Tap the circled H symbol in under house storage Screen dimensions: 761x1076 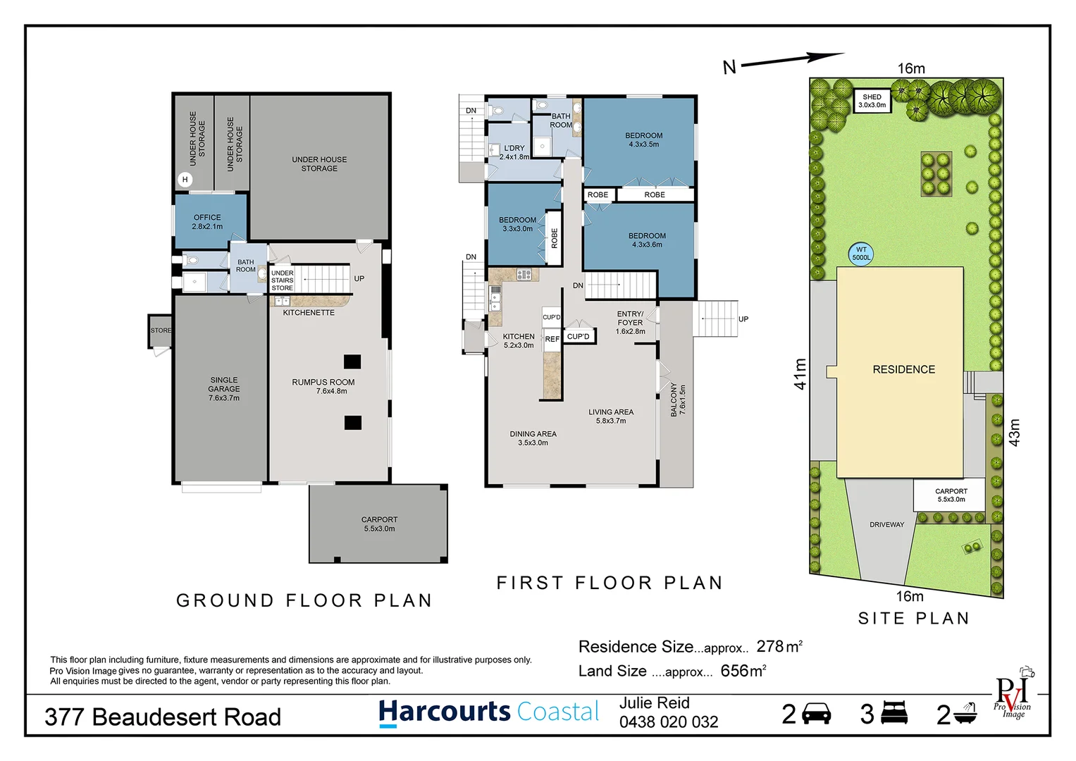[185, 180]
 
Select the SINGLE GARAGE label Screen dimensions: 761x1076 [224, 389]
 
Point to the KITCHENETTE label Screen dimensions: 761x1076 [309, 313]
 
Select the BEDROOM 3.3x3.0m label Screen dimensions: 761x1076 [517, 224]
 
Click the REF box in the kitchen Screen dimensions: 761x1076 [552, 339]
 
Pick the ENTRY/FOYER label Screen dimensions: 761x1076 [630, 322]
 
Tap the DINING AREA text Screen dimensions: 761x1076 [533, 438]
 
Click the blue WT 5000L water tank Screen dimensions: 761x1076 [861, 254]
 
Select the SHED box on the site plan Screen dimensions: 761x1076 [872, 101]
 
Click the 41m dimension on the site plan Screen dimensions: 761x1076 [800, 373]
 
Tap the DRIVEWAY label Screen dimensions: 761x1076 [886, 525]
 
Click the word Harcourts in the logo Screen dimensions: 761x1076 [444, 712]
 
